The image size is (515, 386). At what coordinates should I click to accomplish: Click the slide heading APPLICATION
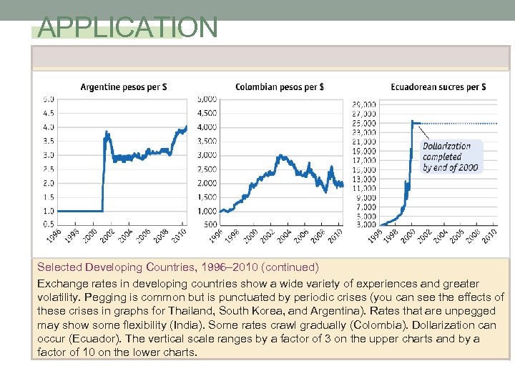[x=127, y=27]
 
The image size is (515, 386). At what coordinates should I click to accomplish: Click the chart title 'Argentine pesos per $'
[x=124, y=87]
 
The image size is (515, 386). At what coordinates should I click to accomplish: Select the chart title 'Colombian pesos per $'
[x=280, y=87]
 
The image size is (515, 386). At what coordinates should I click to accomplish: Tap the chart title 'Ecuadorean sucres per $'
[x=438, y=87]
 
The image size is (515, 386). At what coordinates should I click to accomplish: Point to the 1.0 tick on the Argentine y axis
[x=49, y=211]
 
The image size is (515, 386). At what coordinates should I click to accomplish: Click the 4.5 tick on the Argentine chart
[x=49, y=113]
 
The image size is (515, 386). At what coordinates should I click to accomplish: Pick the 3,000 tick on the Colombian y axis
[x=207, y=155]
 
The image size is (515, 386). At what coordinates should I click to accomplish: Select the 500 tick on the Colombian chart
[x=210, y=225]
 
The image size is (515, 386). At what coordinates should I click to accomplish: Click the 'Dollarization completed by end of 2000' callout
[x=451, y=157]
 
